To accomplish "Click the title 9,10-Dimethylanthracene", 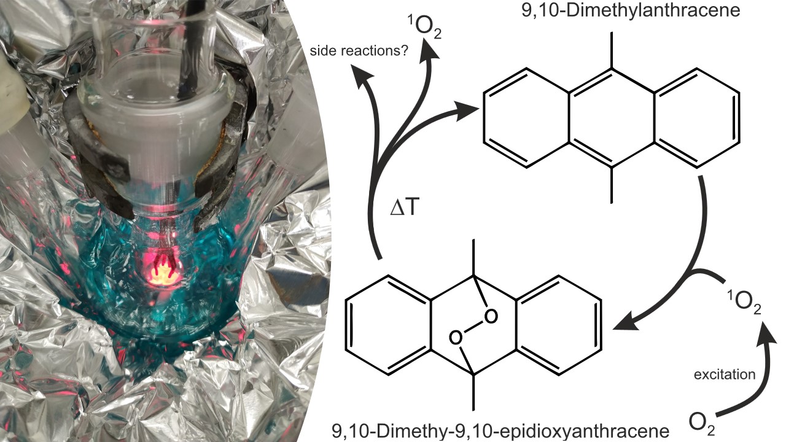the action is click(x=631, y=10).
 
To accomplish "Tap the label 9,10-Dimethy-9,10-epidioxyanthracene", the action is click(x=500, y=431).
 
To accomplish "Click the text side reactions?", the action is click(x=359, y=51).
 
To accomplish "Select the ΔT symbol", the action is click(x=405, y=207).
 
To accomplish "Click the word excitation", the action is click(x=725, y=374).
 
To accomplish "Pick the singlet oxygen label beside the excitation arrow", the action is click(x=744, y=301).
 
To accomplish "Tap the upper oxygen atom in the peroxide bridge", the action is click(x=491, y=316).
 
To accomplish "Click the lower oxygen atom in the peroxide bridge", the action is click(x=456, y=338).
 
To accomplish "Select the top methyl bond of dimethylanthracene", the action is click(x=612, y=50).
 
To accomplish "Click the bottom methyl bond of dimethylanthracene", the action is click(x=612, y=185).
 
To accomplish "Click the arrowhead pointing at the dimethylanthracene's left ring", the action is click(x=466, y=110).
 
